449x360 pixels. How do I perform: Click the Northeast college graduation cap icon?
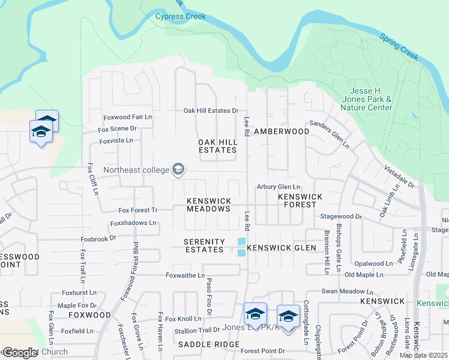pos(178,170)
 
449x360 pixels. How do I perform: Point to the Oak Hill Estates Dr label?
pos(211,110)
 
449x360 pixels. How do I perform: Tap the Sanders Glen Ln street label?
pos(329,134)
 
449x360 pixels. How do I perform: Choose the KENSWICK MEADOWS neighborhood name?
pos(208,205)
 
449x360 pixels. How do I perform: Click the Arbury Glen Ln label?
pos(279,187)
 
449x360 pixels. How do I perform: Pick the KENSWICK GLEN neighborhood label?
pos(277,247)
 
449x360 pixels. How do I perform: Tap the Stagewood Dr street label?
pos(342,216)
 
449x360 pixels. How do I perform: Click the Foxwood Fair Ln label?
pos(128,116)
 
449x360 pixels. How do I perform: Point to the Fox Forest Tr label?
pos(137,210)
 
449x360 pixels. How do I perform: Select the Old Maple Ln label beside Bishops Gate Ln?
pos(364,275)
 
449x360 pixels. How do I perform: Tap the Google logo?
pos(20,353)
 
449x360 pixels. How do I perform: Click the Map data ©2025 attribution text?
pos(423,355)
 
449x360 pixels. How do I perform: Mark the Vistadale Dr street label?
pos(399,178)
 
